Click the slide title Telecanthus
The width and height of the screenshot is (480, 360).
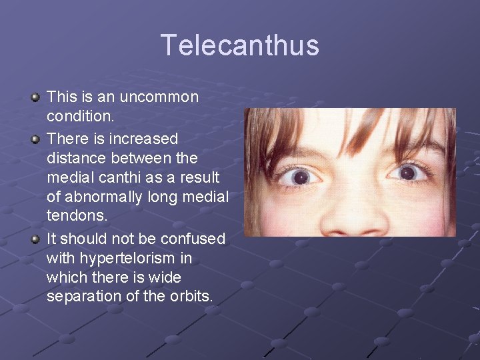click(240, 45)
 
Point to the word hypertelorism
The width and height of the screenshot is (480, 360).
click(134, 258)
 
